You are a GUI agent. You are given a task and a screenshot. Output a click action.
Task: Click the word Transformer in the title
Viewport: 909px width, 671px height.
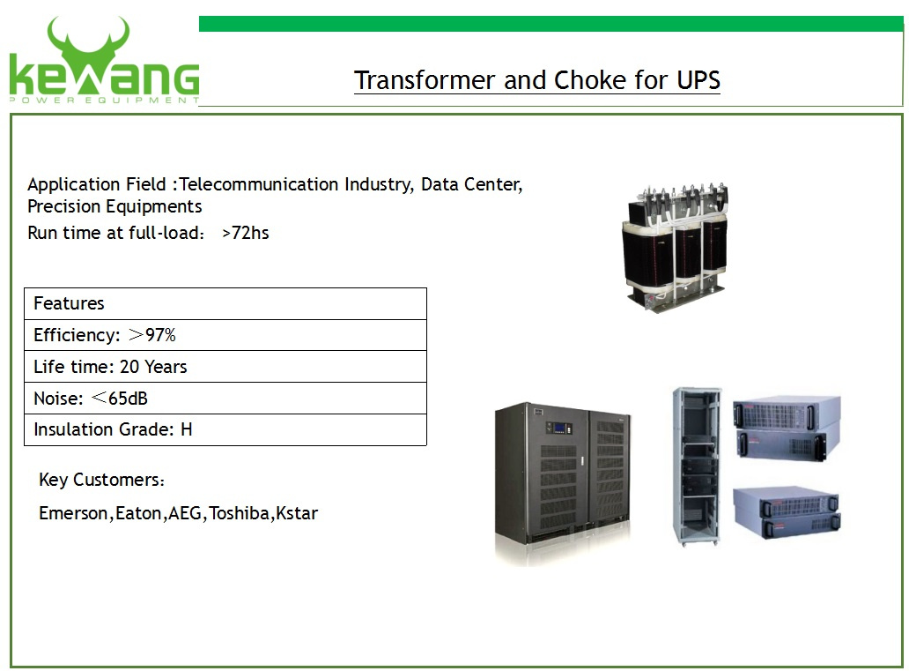point(425,80)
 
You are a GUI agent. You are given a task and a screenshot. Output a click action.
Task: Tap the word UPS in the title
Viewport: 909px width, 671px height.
point(698,80)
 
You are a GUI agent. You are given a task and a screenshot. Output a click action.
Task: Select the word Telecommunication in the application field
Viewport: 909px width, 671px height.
point(259,184)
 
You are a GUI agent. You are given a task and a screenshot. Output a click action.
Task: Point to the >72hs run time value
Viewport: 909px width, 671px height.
point(245,233)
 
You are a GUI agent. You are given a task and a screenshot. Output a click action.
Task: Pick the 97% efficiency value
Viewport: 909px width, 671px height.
point(160,335)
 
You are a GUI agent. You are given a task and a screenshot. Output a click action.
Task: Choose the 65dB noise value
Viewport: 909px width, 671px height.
point(128,399)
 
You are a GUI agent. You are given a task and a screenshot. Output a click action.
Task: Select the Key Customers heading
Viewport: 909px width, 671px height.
point(101,480)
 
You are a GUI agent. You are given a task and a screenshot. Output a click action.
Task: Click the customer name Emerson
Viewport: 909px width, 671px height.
point(73,513)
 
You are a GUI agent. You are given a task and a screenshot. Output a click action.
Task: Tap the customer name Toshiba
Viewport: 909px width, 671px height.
point(239,513)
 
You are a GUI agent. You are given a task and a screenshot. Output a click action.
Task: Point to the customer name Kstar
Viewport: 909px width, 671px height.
point(297,513)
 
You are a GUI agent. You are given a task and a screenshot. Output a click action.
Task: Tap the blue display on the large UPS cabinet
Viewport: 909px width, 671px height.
point(559,429)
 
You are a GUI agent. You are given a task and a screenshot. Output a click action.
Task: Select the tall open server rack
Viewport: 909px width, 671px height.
point(696,466)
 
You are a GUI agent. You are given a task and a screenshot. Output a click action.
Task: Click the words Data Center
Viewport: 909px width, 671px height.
point(471,184)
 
